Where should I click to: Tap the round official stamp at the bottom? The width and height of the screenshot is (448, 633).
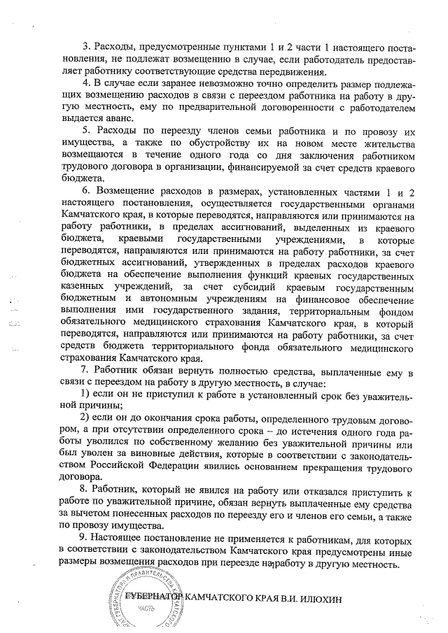tap(150, 599)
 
